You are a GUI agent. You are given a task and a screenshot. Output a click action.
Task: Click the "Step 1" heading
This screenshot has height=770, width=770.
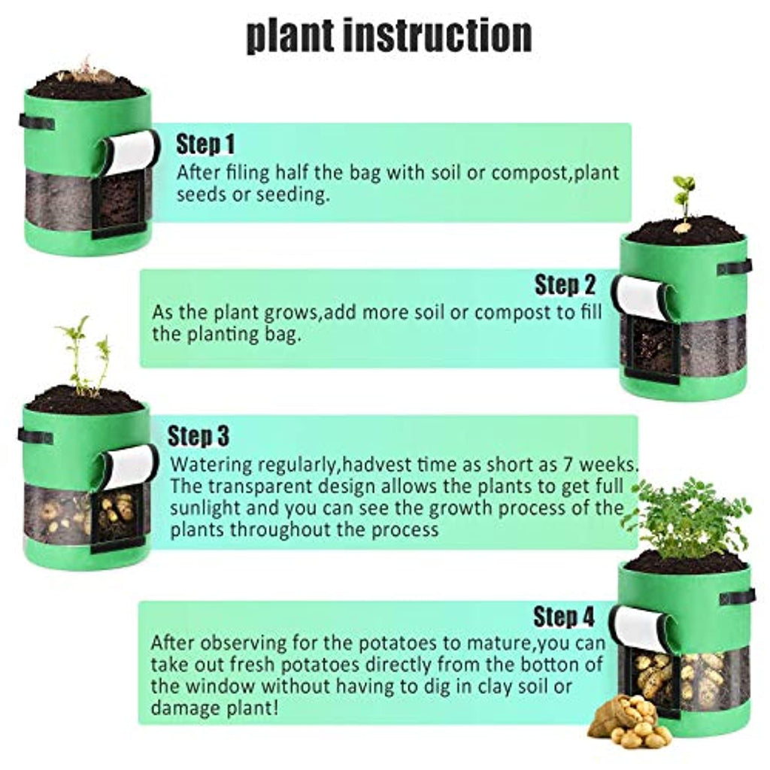click(x=205, y=144)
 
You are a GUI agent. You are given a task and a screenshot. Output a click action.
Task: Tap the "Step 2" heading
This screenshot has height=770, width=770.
click(x=565, y=285)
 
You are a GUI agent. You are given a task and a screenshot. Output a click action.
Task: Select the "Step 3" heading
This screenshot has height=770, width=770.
click(x=199, y=435)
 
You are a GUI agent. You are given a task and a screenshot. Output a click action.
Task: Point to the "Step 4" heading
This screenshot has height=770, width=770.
click(x=564, y=617)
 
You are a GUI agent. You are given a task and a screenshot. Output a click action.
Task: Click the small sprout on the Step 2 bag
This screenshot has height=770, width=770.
click(x=684, y=203)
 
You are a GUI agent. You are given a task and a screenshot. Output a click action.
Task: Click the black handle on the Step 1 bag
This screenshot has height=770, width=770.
click(x=37, y=122)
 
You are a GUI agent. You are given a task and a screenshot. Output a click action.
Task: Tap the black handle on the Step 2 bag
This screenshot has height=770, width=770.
click(x=735, y=268)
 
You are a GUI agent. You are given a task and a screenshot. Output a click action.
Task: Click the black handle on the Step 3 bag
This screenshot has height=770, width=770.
click(x=35, y=436)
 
